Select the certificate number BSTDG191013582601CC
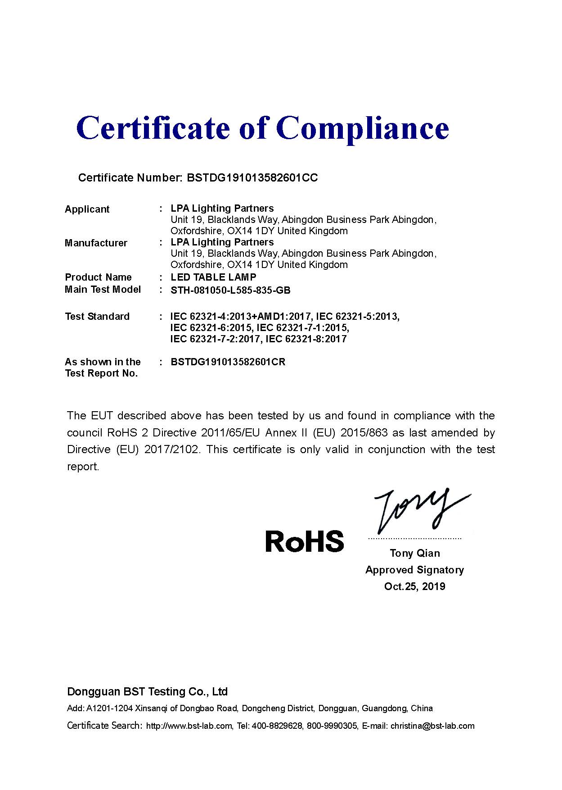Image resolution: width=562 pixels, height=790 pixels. [x=252, y=178]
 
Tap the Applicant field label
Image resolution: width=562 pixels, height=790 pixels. [x=87, y=209]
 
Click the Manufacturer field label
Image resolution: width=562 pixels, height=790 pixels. [x=96, y=243]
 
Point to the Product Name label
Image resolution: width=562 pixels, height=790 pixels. [x=98, y=277]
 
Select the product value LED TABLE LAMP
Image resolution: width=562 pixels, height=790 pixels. [x=213, y=277]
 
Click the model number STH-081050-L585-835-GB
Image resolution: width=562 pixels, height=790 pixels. [x=230, y=291]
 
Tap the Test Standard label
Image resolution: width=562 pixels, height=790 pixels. [x=97, y=317]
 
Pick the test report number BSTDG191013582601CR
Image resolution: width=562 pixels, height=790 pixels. [x=228, y=362]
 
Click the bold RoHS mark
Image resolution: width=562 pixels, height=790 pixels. [x=305, y=541]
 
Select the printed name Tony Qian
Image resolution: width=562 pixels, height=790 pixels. [x=415, y=553]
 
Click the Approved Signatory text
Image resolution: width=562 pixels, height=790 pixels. [x=414, y=570]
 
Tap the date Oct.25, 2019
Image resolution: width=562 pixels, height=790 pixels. [x=414, y=586]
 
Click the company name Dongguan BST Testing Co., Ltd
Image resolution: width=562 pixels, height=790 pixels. [x=147, y=692]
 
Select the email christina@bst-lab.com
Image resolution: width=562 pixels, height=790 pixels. [x=432, y=726]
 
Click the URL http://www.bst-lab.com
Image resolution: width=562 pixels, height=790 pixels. [x=189, y=726]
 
